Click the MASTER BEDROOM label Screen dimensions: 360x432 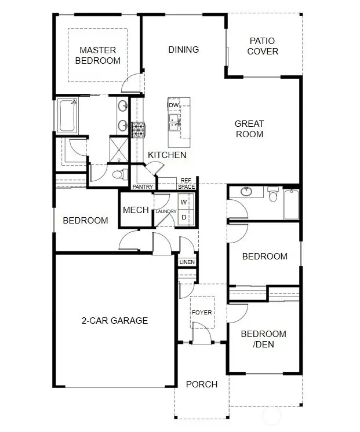pyautogui.click(x=97, y=56)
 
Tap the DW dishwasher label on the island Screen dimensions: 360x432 pyautogui.click(x=173, y=105)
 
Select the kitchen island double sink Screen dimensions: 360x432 pyautogui.click(x=174, y=123)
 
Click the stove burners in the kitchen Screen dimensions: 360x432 pyautogui.click(x=138, y=130)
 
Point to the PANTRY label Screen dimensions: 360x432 pyautogui.click(x=143, y=187)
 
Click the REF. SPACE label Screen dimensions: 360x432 pyautogui.click(x=187, y=184)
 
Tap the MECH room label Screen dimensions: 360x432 pyautogui.click(x=136, y=210)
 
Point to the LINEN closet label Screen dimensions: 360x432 pyautogui.click(x=187, y=262)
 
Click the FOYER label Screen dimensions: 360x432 pyautogui.click(x=202, y=313)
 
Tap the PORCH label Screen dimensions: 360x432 pyautogui.click(x=202, y=385)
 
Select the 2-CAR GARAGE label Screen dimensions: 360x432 pyautogui.click(x=115, y=320)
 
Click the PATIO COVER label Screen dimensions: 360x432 pyautogui.click(x=263, y=46)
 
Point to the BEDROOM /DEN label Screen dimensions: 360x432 pyautogui.click(x=263, y=339)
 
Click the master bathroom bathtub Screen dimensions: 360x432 pyautogui.click(x=67, y=116)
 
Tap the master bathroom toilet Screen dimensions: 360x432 pyautogui.click(x=120, y=174)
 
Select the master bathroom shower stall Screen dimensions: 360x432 pyautogui.click(x=119, y=150)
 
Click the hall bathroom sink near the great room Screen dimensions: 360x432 pyautogui.click(x=246, y=192)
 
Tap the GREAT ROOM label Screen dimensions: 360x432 pyautogui.click(x=249, y=129)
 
